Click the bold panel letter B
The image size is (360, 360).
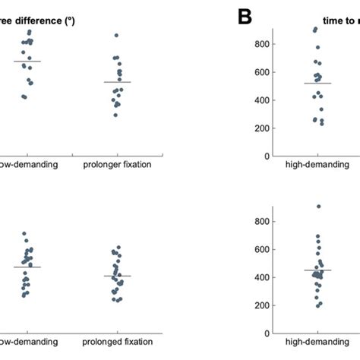tap(245, 17)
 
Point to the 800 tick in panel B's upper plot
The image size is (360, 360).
tap(261, 45)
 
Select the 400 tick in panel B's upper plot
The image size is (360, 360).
tap(261, 100)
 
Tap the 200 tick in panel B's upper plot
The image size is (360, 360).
tap(261, 128)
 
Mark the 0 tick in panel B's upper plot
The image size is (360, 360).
tap(265, 156)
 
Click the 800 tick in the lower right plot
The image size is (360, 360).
tap(261, 222)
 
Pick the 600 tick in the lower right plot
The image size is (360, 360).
tap(261, 250)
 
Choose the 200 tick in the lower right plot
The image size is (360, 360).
tap(261, 305)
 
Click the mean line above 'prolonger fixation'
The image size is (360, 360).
tap(117, 82)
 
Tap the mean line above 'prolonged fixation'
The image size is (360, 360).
tap(117, 276)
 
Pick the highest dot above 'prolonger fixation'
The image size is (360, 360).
tap(116, 35)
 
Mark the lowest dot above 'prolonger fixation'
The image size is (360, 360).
tap(115, 115)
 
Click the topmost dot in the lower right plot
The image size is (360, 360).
tap(318, 206)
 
